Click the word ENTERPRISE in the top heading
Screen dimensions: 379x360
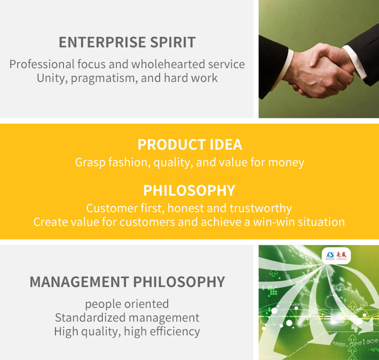point(102,42)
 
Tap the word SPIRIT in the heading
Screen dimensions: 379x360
point(173,42)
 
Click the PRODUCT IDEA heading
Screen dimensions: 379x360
point(190,144)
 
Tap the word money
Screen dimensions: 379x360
point(286,162)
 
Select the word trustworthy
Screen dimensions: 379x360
point(261,208)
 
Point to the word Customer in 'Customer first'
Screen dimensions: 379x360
point(112,208)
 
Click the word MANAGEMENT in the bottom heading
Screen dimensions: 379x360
point(79,282)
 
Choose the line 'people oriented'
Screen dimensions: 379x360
point(127,304)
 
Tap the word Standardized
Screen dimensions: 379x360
point(90,318)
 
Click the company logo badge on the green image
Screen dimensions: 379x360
point(336,255)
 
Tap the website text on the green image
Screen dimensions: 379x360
point(355,342)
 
